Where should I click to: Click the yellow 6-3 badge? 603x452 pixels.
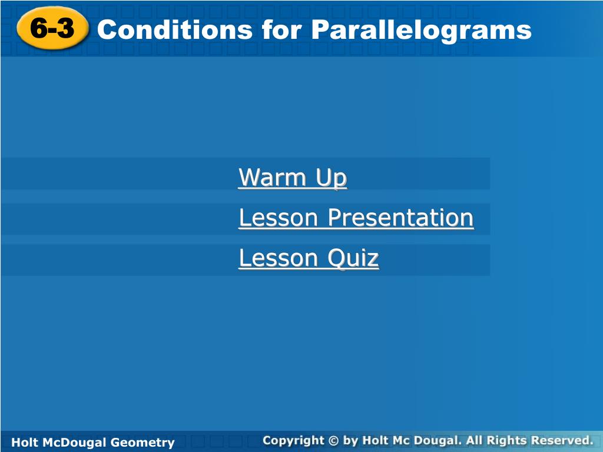(x=52, y=28)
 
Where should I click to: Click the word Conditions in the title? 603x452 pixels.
(x=175, y=29)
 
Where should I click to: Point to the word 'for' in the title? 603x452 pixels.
(x=282, y=29)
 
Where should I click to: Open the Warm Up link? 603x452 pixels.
(x=293, y=178)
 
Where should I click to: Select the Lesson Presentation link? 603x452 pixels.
(x=356, y=218)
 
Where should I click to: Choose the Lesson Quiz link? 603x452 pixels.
(x=309, y=258)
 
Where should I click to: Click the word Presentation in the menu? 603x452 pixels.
(x=400, y=218)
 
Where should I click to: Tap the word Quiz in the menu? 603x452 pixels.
(x=353, y=258)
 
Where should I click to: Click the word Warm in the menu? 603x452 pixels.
(x=272, y=177)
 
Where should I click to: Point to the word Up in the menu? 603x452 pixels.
(x=332, y=178)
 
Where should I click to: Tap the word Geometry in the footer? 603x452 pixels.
(x=143, y=443)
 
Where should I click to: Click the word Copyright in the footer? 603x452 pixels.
(x=294, y=441)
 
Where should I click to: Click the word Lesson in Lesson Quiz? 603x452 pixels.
(x=279, y=258)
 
